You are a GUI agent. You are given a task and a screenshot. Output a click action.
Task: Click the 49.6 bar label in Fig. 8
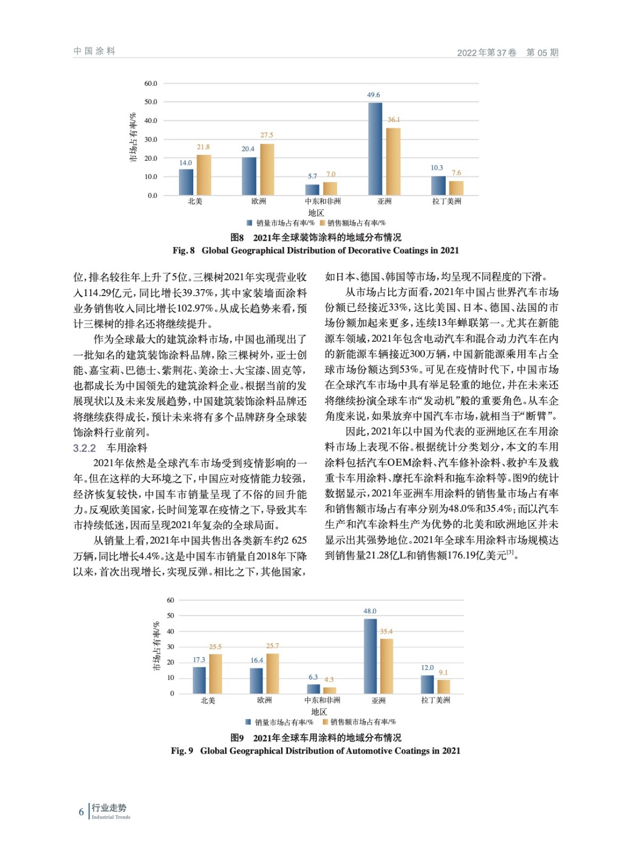[373, 95]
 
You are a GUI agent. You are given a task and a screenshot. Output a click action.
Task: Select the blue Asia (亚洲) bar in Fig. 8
[375, 149]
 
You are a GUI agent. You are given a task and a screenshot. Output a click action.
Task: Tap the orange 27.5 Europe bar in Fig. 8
[267, 169]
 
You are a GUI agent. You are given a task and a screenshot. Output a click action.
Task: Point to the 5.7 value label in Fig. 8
[313, 176]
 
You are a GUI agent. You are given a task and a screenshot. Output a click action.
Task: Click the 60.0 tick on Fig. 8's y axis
[151, 84]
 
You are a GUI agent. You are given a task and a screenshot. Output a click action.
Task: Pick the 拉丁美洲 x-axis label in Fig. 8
[447, 201]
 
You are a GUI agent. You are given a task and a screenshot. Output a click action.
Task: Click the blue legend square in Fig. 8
[249, 223]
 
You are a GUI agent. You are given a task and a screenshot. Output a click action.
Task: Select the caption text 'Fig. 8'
[184, 250]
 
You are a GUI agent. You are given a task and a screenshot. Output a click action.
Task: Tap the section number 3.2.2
[85, 448]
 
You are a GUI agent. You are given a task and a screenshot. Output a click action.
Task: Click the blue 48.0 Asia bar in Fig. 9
[370, 656]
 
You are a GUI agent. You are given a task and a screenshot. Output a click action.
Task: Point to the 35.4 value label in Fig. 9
[386, 632]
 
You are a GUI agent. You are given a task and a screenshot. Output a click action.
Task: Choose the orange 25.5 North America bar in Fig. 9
[216, 674]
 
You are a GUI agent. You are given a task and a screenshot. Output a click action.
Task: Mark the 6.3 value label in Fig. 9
[313, 677]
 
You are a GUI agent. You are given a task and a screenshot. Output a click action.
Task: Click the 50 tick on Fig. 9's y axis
[170, 616]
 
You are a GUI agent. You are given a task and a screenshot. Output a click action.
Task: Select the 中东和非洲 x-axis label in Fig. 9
[322, 700]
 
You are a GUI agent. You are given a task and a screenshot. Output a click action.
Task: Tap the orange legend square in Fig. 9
[325, 722]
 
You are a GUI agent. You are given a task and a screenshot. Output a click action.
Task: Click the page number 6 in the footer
[81, 812]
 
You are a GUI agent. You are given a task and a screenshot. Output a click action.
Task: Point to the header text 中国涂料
[94, 51]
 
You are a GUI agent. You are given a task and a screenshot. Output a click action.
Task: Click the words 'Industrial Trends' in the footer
[111, 817]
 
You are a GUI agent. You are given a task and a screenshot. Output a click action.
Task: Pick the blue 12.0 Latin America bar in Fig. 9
[427, 684]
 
